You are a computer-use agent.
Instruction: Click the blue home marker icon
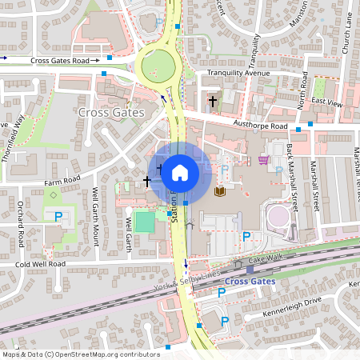pos(180,172)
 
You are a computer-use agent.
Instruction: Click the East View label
pos(327,102)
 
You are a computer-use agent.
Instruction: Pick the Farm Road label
pos(62,182)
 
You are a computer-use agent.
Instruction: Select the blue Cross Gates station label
pos(249,281)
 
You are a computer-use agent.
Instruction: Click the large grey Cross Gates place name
pos(112,113)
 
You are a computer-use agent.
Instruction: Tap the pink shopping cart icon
pos(263,159)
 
